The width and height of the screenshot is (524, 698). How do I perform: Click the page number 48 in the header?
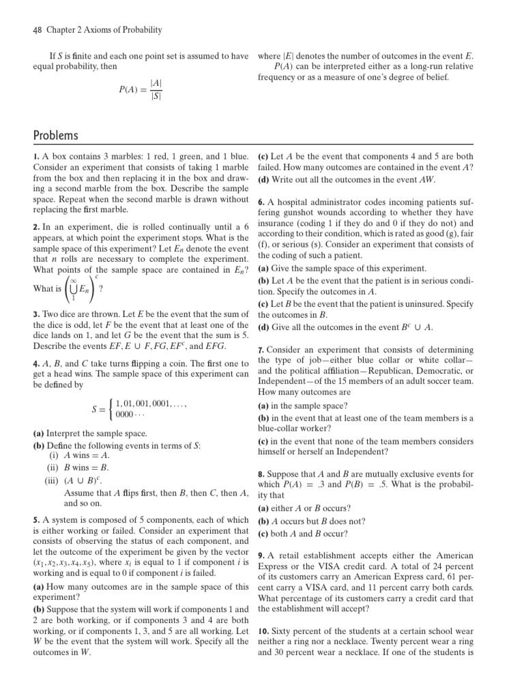[x=38, y=30]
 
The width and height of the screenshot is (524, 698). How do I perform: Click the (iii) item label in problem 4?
[x=52, y=480]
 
